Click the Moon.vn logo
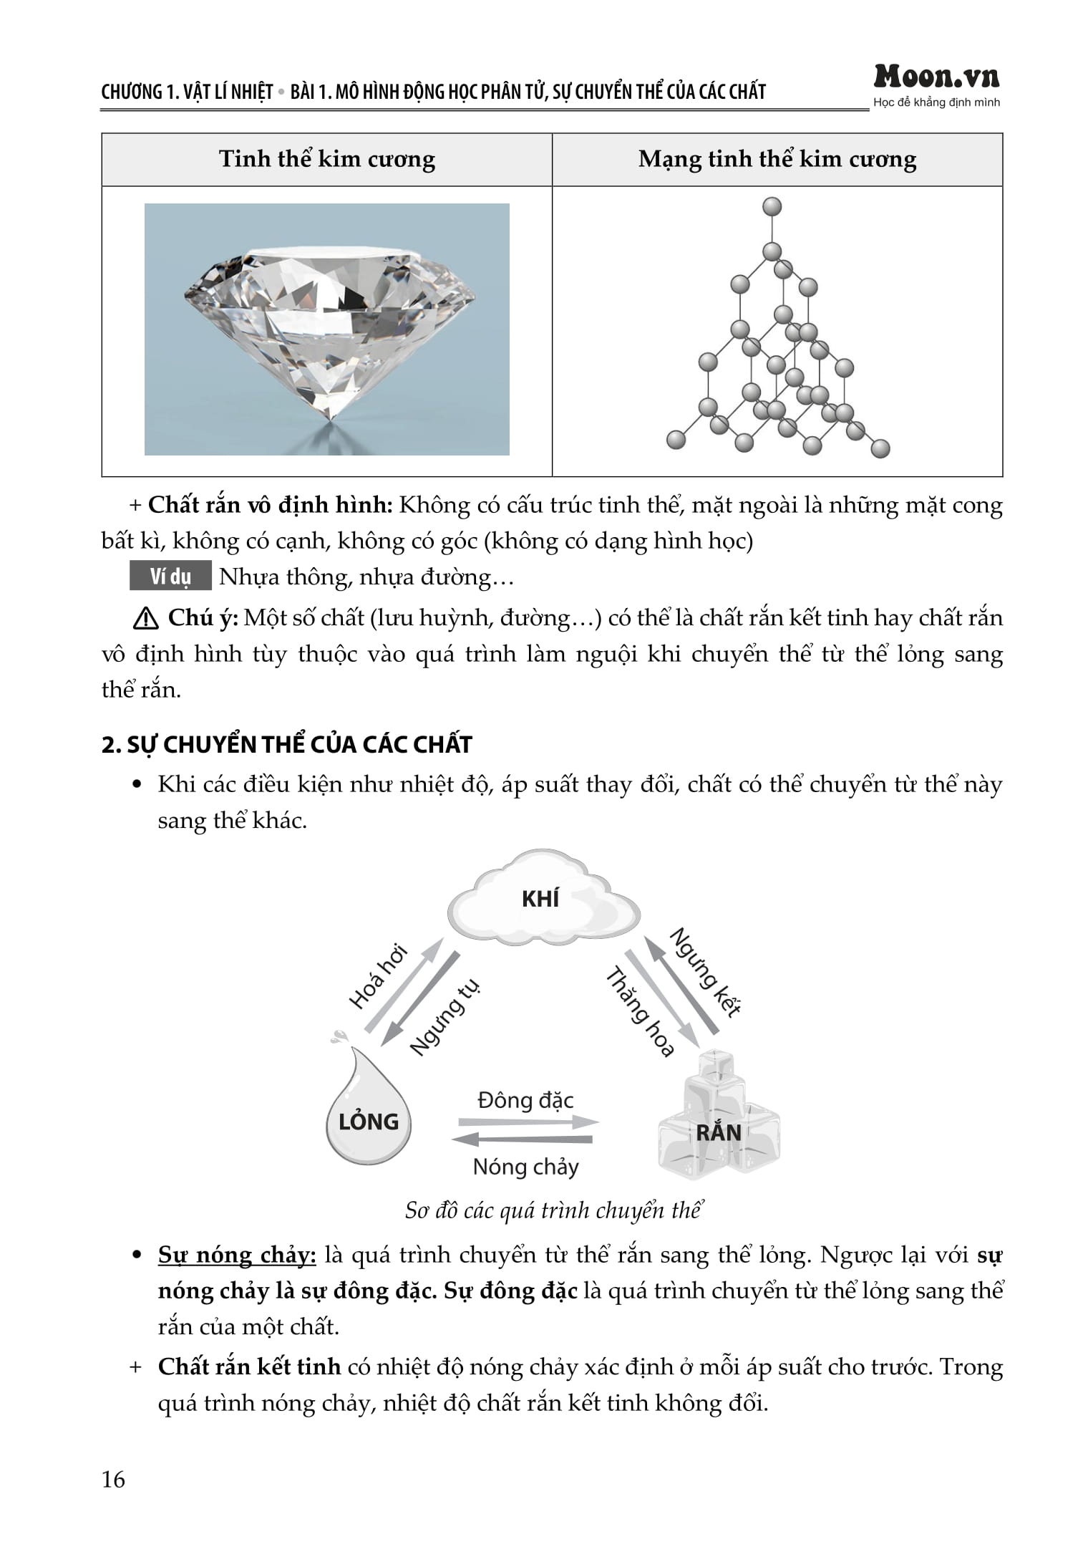click(936, 77)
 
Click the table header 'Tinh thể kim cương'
click(326, 159)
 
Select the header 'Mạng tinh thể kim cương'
click(777, 159)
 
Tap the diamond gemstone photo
click(327, 329)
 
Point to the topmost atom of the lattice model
click(772, 207)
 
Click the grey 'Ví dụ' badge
click(170, 576)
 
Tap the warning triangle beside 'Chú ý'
click(145, 618)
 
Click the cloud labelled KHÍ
click(542, 899)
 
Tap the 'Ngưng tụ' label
click(445, 1017)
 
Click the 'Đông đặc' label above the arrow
click(525, 1100)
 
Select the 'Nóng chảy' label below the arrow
click(525, 1167)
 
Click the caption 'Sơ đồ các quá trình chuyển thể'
click(553, 1210)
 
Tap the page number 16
click(113, 1479)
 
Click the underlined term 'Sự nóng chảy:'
click(237, 1255)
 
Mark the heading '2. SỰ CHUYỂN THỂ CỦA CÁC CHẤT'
click(286, 745)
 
